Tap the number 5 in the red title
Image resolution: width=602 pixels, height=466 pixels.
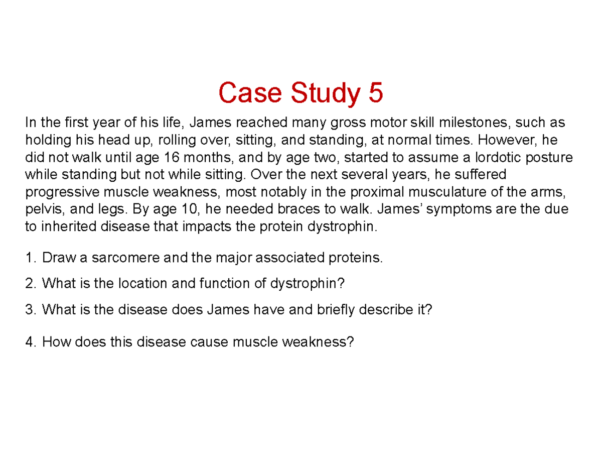(x=375, y=94)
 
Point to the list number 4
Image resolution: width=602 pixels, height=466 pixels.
(x=30, y=342)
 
